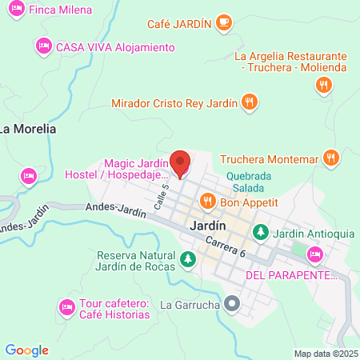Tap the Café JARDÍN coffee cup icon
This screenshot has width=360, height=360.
point(225,23)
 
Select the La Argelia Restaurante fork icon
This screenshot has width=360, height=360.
point(324,87)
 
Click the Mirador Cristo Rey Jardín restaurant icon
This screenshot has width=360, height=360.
point(250,102)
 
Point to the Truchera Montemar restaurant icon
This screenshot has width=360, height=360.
point(329,158)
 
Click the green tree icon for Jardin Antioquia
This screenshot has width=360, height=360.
point(260,232)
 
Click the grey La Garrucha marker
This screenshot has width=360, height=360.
point(233,304)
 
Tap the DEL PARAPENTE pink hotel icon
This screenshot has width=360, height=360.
point(315,255)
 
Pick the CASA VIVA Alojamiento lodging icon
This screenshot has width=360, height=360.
point(43,47)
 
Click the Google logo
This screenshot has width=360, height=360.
point(26,350)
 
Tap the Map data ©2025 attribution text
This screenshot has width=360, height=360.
point(325,353)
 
